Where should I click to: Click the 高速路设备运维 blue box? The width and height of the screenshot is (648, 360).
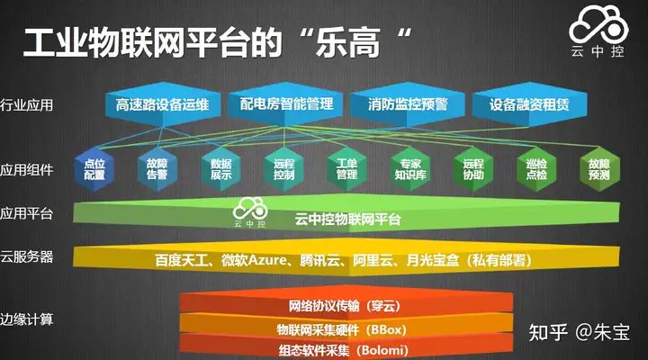[163, 104]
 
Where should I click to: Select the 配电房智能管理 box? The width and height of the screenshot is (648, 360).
[285, 104]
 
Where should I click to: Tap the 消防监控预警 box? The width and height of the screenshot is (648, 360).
[408, 104]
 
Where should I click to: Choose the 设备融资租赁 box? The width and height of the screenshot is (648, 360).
[529, 104]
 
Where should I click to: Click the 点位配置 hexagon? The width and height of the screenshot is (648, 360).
[94, 169]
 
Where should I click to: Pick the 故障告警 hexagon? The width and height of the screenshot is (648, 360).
[157, 169]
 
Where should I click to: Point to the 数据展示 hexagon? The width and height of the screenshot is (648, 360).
[220, 169]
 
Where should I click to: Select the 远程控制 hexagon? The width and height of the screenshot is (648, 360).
[283, 169]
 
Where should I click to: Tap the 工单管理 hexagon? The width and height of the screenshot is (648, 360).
[346, 169]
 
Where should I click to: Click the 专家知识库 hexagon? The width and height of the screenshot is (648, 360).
[410, 169]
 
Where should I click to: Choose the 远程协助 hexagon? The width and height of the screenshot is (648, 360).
[473, 169]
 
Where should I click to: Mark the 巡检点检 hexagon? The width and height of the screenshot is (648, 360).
[536, 169]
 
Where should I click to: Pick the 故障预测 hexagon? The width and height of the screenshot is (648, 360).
[599, 169]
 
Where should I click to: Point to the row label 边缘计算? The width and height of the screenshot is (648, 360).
[27, 319]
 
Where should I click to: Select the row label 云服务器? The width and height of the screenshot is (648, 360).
[27, 256]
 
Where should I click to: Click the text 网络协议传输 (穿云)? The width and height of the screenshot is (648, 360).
[345, 306]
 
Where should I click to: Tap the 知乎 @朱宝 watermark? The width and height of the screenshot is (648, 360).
[580, 332]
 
